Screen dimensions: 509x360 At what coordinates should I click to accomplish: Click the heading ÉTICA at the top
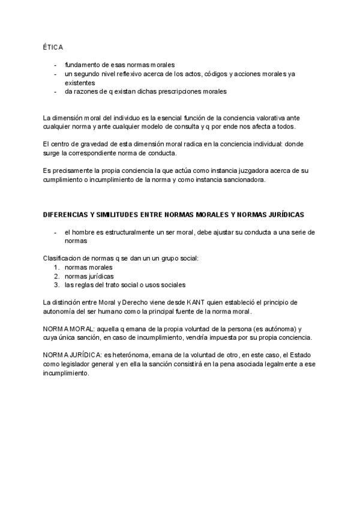point(53,46)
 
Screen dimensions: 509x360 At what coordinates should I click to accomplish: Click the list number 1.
point(56,267)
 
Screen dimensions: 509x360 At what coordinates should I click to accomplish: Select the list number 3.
point(56,285)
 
